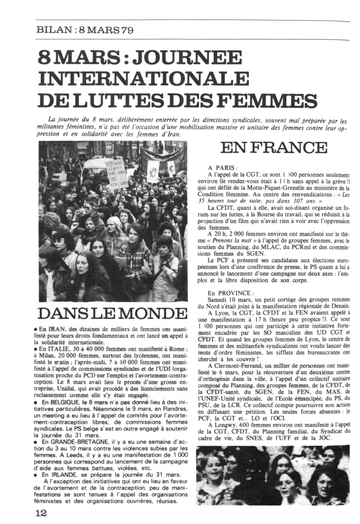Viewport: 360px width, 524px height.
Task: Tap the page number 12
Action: [x=41, y=512]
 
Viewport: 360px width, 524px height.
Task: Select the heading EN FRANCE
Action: [x=274, y=148]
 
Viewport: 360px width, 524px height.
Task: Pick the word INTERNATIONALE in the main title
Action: [x=139, y=79]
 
